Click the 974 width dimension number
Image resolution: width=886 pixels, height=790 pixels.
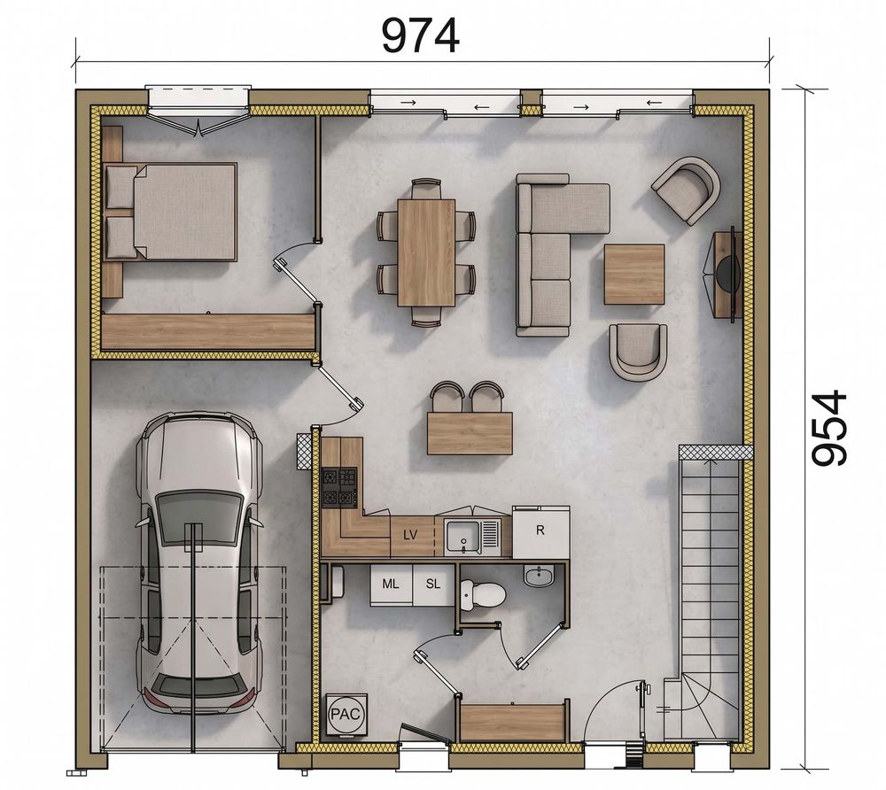pyautogui.click(x=420, y=35)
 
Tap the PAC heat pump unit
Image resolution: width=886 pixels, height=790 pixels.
pyautogui.click(x=346, y=715)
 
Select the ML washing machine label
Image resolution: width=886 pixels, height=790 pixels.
pyautogui.click(x=391, y=584)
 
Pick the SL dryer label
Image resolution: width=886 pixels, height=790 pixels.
pyautogui.click(x=433, y=584)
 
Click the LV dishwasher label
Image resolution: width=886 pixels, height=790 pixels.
pyautogui.click(x=411, y=534)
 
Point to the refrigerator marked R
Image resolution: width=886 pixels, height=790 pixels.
pyautogui.click(x=540, y=531)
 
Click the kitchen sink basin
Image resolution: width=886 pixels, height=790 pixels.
pyautogui.click(x=463, y=535)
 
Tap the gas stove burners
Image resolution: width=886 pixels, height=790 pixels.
pyautogui.click(x=339, y=487)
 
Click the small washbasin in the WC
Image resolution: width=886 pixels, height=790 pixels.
pyautogui.click(x=540, y=576)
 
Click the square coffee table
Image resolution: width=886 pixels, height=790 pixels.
pyautogui.click(x=634, y=274)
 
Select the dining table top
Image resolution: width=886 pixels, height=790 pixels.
pyautogui.click(x=427, y=252)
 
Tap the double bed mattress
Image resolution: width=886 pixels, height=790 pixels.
pyautogui.click(x=184, y=212)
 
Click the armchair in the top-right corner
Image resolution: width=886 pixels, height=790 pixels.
pyautogui.click(x=687, y=190)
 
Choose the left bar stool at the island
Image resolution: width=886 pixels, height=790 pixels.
pyautogui.click(x=446, y=398)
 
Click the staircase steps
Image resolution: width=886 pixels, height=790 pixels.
pyautogui.click(x=710, y=565)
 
